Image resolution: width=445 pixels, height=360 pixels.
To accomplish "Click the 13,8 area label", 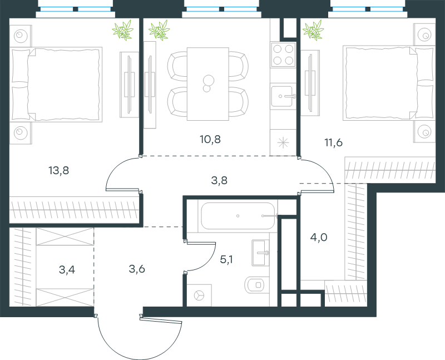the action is click(x=59, y=171).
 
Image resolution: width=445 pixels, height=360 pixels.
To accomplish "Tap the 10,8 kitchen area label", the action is click(x=210, y=140).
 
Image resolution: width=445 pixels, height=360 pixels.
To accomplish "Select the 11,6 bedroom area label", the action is click(x=333, y=142).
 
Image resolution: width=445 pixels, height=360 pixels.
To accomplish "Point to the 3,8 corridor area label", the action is click(x=219, y=180).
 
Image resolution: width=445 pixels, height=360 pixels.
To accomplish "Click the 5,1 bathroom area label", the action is click(x=226, y=259).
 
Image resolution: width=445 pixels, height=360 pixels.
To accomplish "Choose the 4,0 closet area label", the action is click(x=319, y=237).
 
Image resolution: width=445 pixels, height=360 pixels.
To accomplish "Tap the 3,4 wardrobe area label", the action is click(x=67, y=269).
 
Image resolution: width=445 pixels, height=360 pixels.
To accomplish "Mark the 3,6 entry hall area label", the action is click(x=137, y=269).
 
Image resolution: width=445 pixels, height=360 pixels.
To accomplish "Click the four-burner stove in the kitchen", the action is click(x=283, y=55).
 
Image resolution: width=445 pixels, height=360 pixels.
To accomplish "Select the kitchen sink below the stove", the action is click(x=282, y=96).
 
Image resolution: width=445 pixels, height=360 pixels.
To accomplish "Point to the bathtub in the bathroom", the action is click(x=238, y=216).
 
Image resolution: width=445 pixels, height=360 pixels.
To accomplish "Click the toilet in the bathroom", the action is click(x=255, y=284).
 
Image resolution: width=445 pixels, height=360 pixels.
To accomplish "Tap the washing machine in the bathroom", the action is click(x=199, y=295).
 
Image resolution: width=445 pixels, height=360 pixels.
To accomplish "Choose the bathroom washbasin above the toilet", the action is click(x=260, y=253).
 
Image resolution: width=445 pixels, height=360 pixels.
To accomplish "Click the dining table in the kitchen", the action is click(x=208, y=84).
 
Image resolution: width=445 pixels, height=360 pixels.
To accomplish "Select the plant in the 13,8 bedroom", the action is click(x=123, y=30).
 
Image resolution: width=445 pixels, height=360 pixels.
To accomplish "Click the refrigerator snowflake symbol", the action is click(x=283, y=143).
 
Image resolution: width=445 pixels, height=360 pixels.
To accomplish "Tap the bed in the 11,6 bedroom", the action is click(x=389, y=83).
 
